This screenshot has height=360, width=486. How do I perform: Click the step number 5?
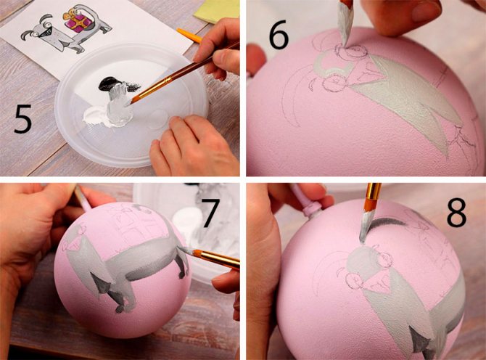[22, 119]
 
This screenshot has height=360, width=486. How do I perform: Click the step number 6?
[279, 36]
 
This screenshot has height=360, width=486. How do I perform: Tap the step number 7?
[211, 213]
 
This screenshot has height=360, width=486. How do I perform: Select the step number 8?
[456, 213]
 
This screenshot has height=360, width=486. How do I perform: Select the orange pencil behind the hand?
[189, 36]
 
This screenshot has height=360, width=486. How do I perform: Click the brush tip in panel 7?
[184, 250]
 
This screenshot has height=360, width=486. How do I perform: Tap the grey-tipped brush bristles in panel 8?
[366, 226]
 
